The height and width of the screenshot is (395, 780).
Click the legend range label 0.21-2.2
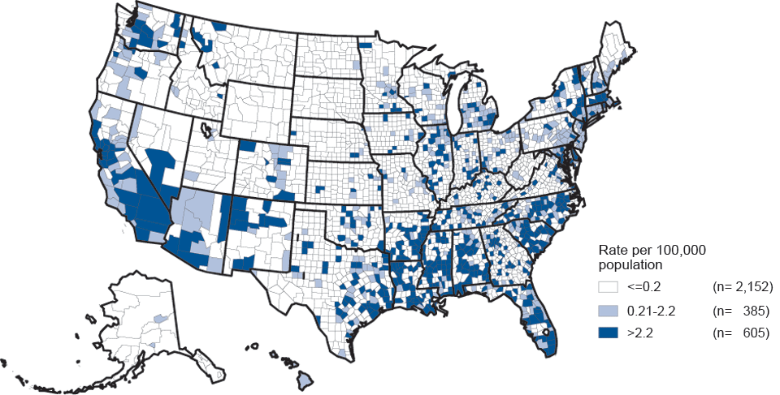651,310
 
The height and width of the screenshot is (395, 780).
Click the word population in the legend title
627,264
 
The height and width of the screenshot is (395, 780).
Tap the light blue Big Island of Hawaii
305,378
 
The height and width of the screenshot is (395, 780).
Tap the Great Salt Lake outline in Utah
205,128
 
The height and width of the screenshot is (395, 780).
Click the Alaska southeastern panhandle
211,369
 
